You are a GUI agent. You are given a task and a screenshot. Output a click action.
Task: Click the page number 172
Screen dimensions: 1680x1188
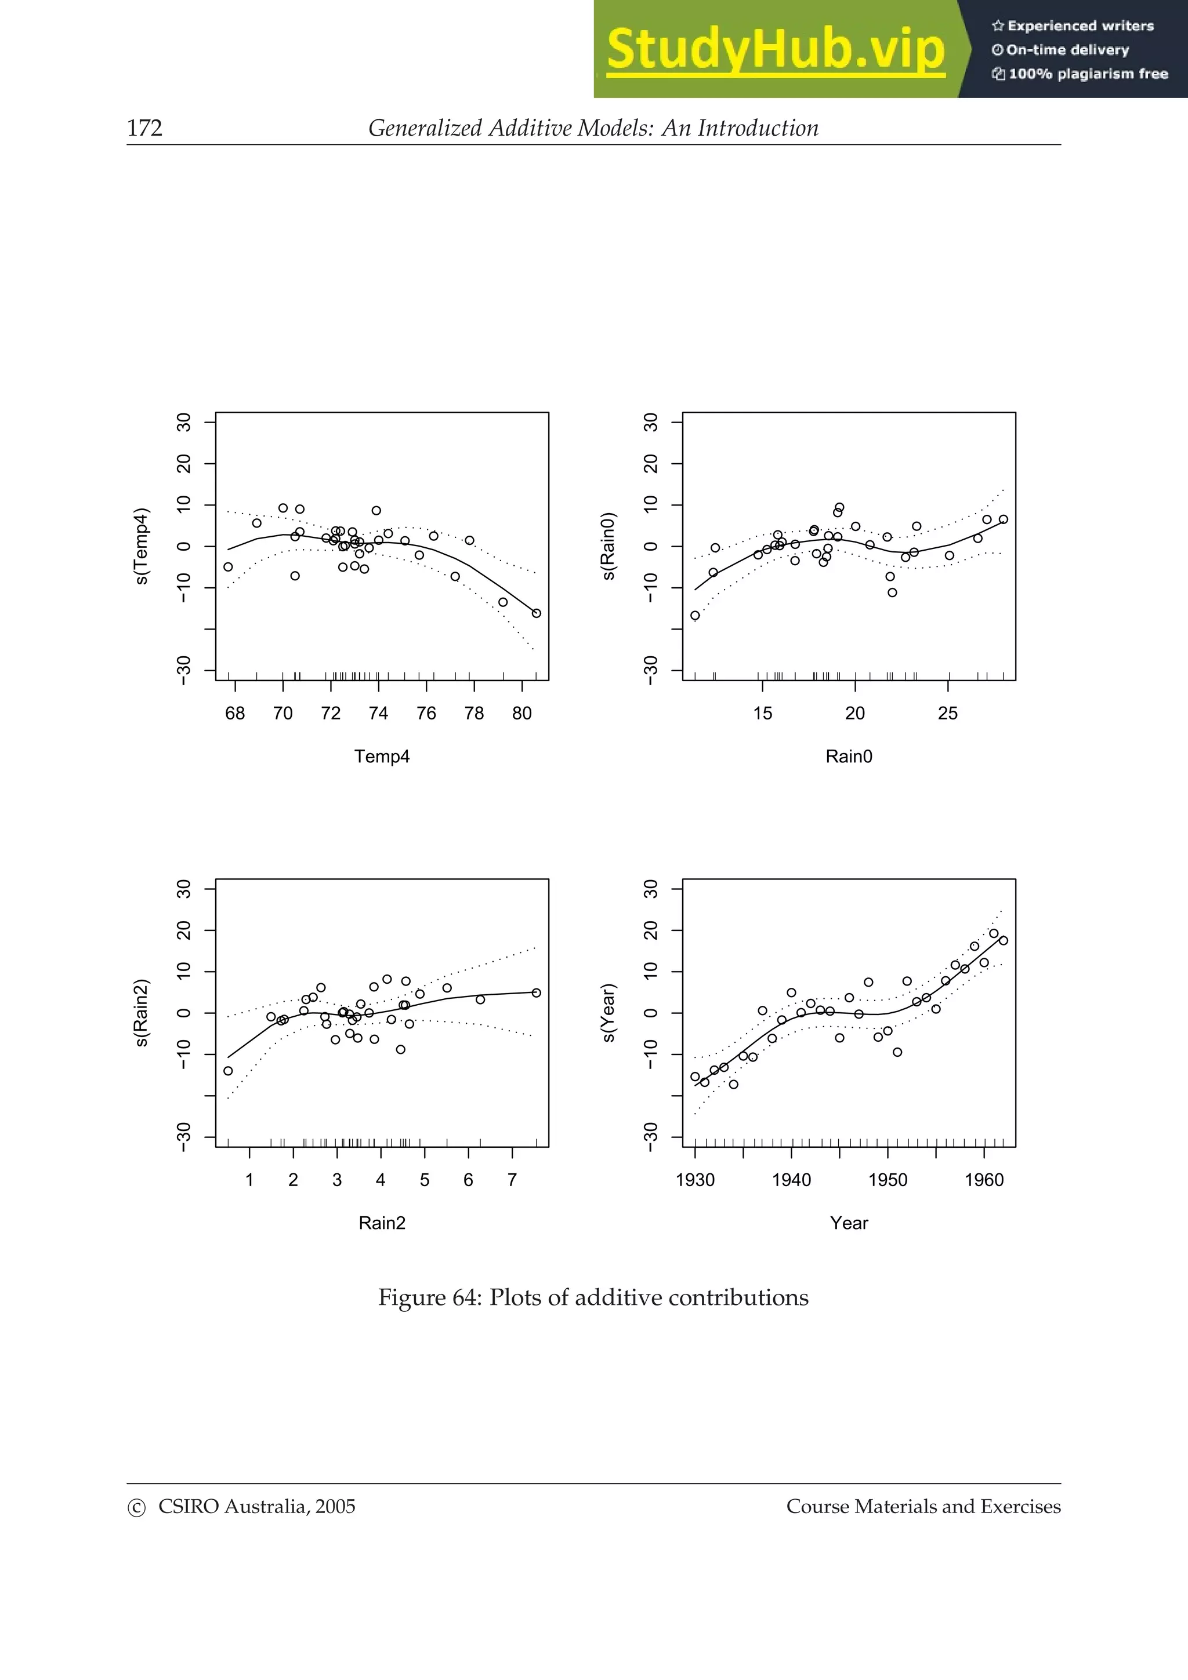144,128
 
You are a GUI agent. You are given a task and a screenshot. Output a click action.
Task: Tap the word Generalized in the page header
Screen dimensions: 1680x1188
425,128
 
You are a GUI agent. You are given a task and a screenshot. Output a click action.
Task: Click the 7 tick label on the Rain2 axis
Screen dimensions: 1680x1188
512,1180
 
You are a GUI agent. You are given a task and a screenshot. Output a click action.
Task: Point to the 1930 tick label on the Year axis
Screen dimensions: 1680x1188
695,1180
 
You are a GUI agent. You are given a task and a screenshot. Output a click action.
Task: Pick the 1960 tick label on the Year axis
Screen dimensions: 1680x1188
984,1180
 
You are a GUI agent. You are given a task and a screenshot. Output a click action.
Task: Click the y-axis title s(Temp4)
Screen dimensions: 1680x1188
142,546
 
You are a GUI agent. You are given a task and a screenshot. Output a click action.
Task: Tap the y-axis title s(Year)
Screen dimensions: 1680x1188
609,1013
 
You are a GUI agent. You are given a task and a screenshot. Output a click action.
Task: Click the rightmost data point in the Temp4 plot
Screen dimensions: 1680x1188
537,613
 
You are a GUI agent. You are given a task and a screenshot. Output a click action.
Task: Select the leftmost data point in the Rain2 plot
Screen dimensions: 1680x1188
229,1071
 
